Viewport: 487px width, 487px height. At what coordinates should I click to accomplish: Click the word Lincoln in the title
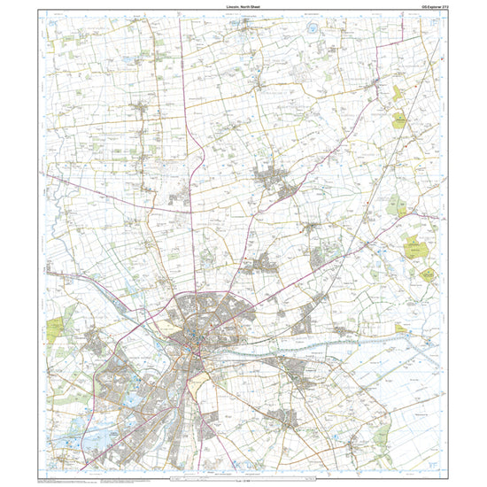click(x=233, y=6)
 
